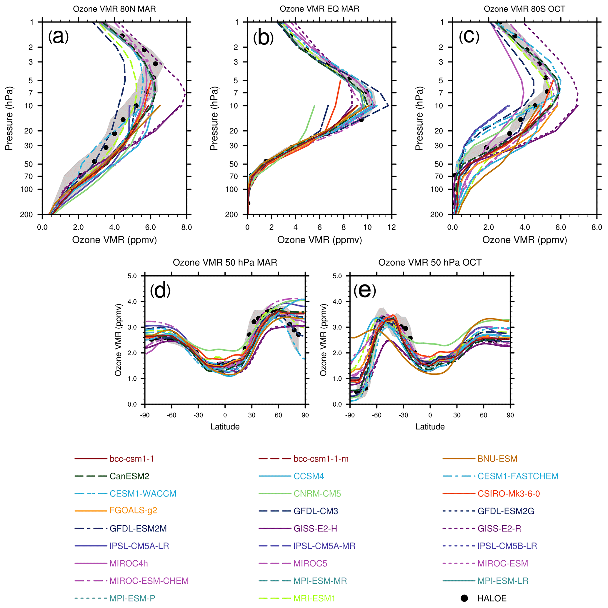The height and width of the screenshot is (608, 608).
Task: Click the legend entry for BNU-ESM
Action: click(x=497, y=459)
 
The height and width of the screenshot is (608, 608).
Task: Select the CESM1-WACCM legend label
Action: click(x=143, y=494)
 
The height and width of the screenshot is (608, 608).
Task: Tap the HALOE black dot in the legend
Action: click(x=464, y=598)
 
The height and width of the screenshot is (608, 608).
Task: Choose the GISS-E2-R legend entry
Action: click(x=499, y=528)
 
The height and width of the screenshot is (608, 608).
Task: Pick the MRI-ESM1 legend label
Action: click(x=314, y=598)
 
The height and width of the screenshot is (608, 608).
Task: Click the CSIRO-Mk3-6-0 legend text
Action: click(x=509, y=494)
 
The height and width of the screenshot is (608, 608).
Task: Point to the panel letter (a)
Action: click(x=58, y=37)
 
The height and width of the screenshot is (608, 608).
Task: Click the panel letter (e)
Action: click(x=365, y=291)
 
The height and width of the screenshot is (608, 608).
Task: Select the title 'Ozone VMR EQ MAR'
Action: click(x=319, y=9)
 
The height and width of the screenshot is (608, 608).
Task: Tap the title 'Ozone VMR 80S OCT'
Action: click(x=524, y=9)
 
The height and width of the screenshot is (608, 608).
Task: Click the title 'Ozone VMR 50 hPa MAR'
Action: click(x=225, y=262)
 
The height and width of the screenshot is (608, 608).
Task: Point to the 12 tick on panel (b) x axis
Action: click(x=392, y=227)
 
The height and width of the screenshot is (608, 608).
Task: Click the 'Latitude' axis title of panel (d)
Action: click(x=225, y=427)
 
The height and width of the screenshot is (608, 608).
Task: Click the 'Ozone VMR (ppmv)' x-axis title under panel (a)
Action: click(x=114, y=240)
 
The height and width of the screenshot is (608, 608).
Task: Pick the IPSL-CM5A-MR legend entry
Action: click(x=324, y=546)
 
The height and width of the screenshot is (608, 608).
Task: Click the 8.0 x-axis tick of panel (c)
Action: click(x=597, y=227)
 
